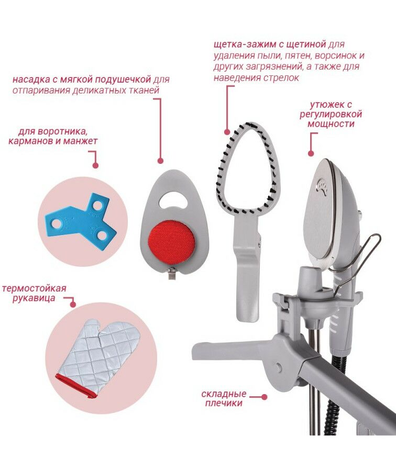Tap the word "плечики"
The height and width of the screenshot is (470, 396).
tap(224, 403)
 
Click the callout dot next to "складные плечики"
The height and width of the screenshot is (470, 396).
tap(265, 397)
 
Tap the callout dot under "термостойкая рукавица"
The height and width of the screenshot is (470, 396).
tap(73, 304)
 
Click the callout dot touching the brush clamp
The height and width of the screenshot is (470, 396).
tap(227, 132)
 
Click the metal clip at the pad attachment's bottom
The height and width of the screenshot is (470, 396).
tap(172, 275)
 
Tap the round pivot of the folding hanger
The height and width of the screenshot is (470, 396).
tap(279, 366)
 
